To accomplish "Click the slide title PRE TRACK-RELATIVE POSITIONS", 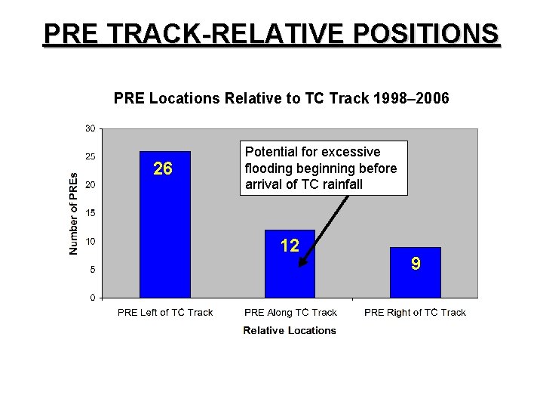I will click(x=271, y=34).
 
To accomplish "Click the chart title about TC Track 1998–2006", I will click(x=281, y=97).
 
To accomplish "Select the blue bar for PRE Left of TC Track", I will click(x=165, y=234).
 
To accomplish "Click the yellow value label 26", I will click(x=163, y=168).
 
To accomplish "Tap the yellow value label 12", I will click(x=290, y=245).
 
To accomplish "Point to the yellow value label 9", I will click(x=415, y=263).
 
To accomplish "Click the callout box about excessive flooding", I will click(x=324, y=168).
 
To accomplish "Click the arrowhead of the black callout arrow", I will click(x=302, y=264).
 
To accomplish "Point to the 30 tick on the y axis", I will click(x=90, y=128).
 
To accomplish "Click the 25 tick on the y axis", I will click(x=90, y=156).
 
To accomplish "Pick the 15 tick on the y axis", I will click(x=90, y=213).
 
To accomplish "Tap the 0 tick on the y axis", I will click(x=92, y=297).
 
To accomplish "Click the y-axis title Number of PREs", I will click(x=73, y=213).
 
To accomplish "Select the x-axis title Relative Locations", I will click(x=290, y=330).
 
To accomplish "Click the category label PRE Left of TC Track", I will click(x=165, y=313).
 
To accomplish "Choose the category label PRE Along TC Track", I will click(x=290, y=313).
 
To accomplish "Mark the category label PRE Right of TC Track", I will click(x=415, y=313).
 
